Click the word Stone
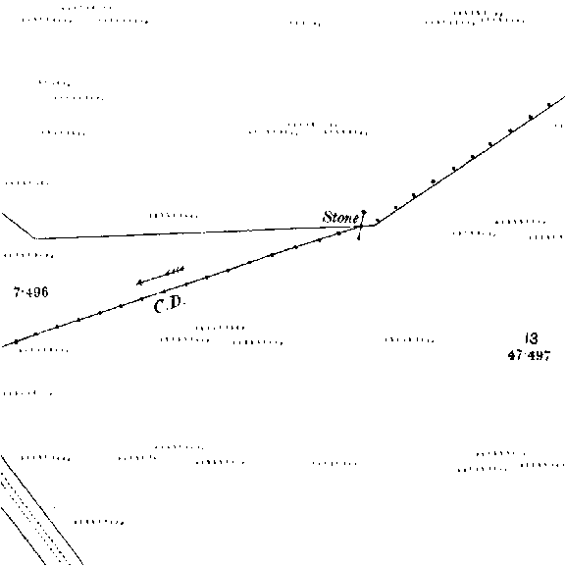point(340,218)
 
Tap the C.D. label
point(169,305)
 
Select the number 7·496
point(30,292)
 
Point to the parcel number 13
point(532,338)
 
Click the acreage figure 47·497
point(529,355)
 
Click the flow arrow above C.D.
point(160,277)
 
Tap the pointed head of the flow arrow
point(137,283)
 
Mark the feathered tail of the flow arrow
point(177,271)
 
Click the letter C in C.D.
point(158,307)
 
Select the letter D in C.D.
point(175,303)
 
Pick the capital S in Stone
point(328,217)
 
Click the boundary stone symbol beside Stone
point(361,226)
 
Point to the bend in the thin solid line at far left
point(34,238)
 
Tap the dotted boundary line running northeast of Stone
point(469,161)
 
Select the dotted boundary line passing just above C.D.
point(180,286)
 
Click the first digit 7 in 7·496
point(17,292)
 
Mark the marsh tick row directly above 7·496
point(28,256)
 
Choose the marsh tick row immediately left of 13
point(409,340)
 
